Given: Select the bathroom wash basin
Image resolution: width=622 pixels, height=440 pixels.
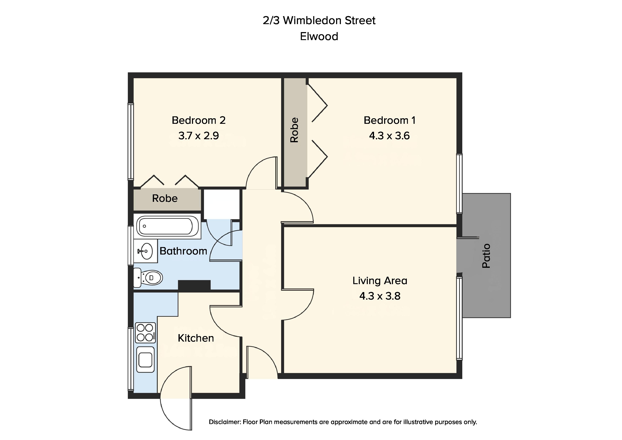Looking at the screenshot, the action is click(x=146, y=251).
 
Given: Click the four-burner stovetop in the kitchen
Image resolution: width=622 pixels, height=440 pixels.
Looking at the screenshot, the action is click(x=146, y=333).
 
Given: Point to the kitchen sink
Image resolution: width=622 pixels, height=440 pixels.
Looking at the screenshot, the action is click(x=146, y=359).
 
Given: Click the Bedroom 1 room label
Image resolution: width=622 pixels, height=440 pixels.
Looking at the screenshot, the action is click(x=389, y=120).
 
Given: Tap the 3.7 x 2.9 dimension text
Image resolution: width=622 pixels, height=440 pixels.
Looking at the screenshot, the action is click(x=199, y=135).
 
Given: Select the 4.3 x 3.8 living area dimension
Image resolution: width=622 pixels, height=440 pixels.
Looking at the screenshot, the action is click(x=380, y=296).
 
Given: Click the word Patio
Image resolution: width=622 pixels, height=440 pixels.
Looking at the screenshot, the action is click(x=486, y=256).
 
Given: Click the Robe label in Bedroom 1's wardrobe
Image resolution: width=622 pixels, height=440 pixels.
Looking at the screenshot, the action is click(x=294, y=130).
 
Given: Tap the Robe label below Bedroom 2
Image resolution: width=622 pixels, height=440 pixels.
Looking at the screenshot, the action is click(x=165, y=198).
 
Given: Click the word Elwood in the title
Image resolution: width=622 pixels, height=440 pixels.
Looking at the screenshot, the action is click(x=319, y=36).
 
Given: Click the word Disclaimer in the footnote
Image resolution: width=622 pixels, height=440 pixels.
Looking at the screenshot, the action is click(x=225, y=422).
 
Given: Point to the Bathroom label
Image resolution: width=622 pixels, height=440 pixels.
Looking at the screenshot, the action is click(x=183, y=251).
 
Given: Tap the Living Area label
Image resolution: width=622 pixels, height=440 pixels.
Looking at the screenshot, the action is click(x=380, y=281).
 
